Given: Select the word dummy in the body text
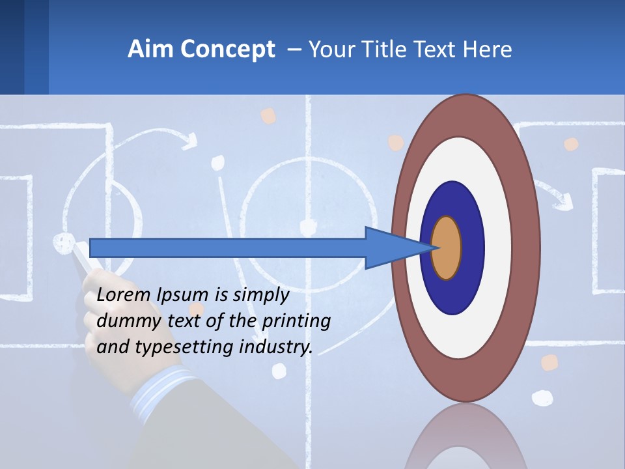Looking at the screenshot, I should [x=124, y=321].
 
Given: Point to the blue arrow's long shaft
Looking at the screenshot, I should [x=228, y=248].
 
